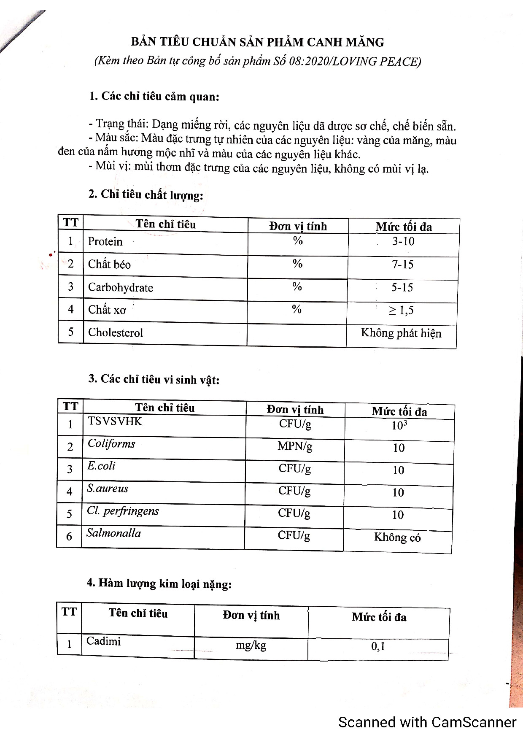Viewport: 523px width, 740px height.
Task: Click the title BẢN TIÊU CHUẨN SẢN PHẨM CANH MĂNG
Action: tap(257, 42)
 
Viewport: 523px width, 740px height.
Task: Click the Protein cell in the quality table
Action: tap(105, 241)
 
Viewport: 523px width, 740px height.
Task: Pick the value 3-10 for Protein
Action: tap(403, 242)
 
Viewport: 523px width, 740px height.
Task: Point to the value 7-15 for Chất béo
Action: tap(402, 265)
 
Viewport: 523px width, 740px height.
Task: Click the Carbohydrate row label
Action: tap(121, 288)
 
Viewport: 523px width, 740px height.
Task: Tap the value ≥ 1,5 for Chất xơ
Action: tap(401, 311)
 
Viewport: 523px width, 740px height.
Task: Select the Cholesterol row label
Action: tap(116, 333)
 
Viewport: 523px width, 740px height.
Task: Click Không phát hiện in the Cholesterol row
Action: tap(401, 333)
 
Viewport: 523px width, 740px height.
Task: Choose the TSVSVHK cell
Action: tap(115, 421)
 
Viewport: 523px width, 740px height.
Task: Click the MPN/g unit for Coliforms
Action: tap(295, 446)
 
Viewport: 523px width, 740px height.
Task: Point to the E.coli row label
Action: tap(101, 466)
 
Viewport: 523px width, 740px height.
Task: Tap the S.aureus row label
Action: tap(108, 489)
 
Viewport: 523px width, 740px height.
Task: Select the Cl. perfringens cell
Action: tap(123, 511)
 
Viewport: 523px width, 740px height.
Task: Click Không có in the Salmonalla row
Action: tap(397, 537)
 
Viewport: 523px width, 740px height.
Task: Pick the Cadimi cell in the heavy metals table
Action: tap(103, 641)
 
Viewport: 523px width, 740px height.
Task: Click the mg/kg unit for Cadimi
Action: tap(251, 645)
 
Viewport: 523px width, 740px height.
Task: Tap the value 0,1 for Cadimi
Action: tap(378, 646)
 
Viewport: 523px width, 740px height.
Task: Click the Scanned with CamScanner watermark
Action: tap(427, 722)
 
